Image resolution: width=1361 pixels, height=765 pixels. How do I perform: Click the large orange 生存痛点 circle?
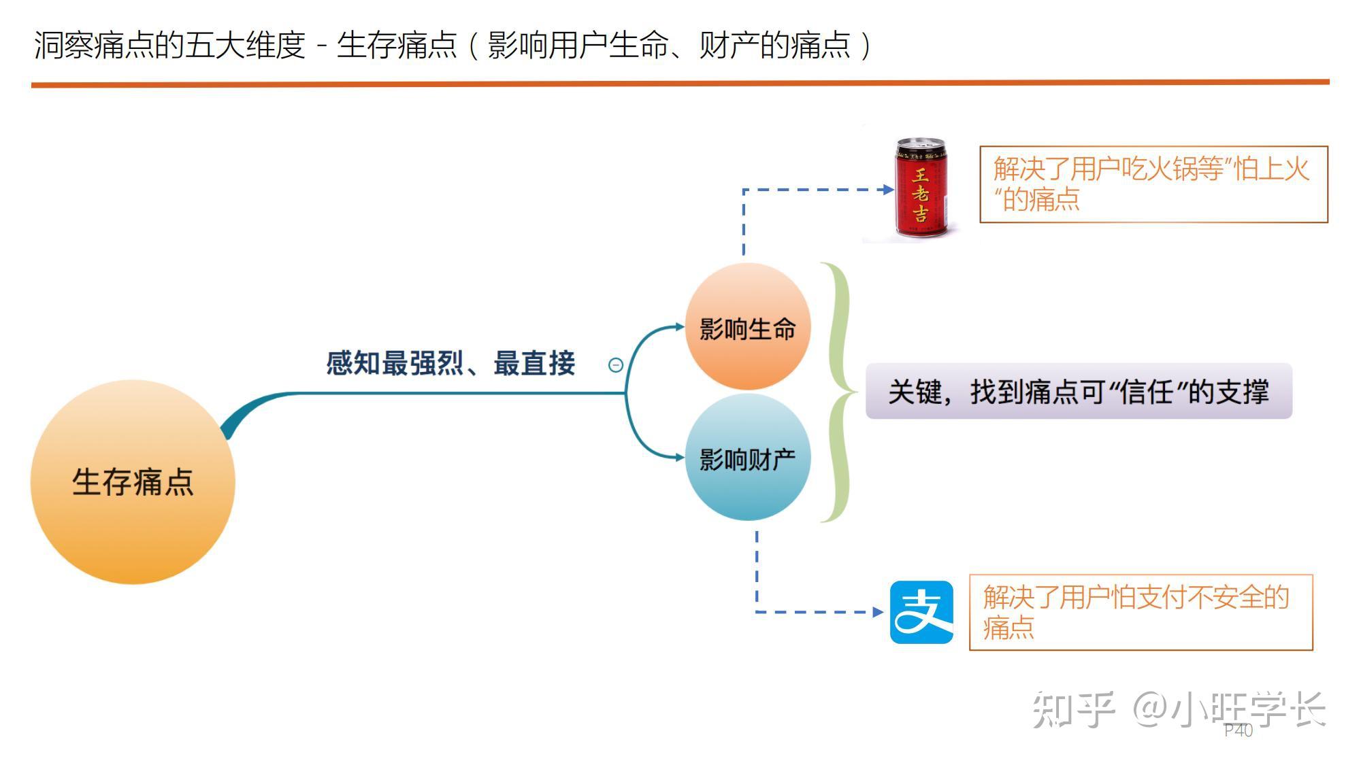pos(133,481)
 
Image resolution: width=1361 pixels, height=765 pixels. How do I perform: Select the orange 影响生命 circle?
pos(748,326)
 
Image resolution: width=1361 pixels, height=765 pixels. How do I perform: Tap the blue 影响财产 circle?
pos(748,458)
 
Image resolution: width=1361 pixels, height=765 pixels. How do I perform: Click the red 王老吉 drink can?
pos(921,188)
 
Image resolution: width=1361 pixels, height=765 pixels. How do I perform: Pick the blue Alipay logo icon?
pos(921,612)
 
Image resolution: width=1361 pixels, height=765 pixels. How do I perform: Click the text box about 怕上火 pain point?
pos(1153,184)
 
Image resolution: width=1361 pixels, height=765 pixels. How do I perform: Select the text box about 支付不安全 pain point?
pos(1141,612)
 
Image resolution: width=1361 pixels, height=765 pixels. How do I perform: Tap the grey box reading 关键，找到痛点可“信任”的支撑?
pos(1079,391)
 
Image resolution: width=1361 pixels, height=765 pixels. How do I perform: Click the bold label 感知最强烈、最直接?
pos(450,363)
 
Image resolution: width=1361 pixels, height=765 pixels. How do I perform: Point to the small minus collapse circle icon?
pos(615,365)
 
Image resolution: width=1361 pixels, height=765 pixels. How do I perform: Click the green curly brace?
pos(839,392)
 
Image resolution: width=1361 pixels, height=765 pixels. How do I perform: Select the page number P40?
pos(1239,730)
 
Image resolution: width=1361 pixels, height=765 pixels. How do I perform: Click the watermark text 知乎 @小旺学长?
pos(1179,710)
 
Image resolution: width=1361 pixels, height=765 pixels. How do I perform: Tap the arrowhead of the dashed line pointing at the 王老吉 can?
pos(889,190)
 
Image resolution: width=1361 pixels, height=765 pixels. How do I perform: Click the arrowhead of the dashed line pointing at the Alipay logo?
pos(879,612)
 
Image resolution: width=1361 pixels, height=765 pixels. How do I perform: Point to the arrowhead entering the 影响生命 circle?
pos(680,326)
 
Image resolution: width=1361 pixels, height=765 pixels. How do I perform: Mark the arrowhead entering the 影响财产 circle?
pos(680,458)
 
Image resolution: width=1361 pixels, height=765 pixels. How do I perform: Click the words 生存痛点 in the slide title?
pos(397,46)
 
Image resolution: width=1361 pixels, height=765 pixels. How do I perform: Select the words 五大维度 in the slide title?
pos(246,46)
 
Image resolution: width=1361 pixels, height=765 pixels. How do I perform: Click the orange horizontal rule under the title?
pos(680,83)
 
